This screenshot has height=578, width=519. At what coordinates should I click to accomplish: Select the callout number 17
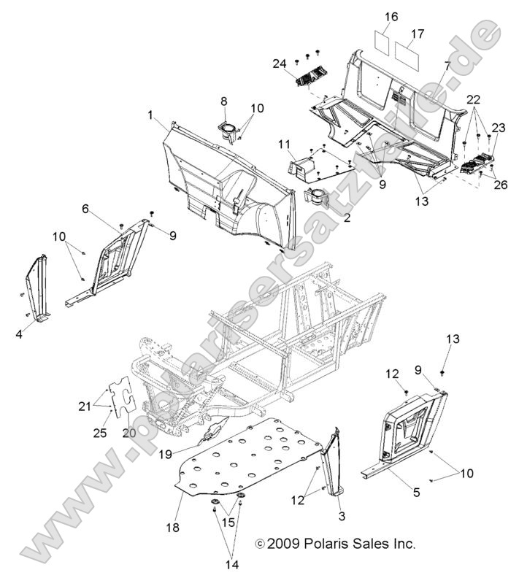tap(417, 34)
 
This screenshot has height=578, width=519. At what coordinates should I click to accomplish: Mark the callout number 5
tap(416, 493)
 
